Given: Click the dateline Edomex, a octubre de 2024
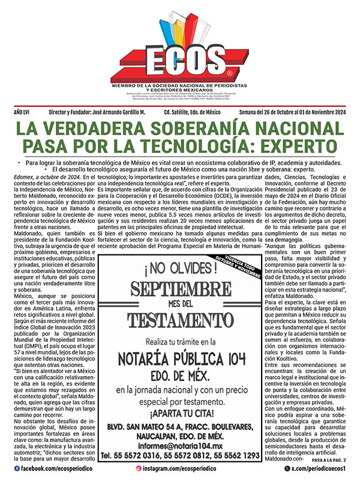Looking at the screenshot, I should coord(46,177).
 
